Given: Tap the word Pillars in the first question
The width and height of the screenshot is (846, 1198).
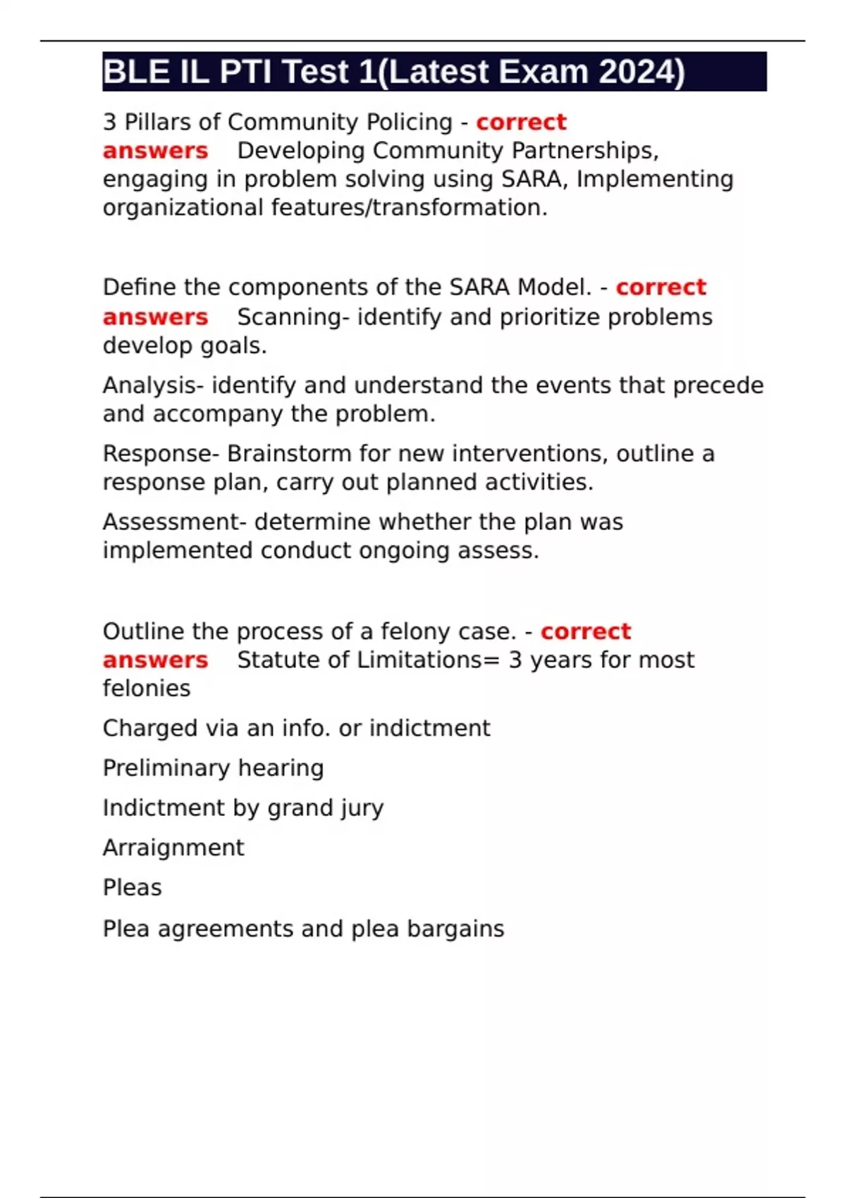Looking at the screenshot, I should (x=157, y=122).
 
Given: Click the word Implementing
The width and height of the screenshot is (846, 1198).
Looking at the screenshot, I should (x=655, y=180).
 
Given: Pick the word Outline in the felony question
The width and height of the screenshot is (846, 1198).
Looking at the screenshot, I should (x=144, y=631).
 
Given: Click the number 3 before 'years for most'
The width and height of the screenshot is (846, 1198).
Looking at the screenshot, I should (x=515, y=660).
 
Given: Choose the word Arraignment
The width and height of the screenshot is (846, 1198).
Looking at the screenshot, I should (x=173, y=848).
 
